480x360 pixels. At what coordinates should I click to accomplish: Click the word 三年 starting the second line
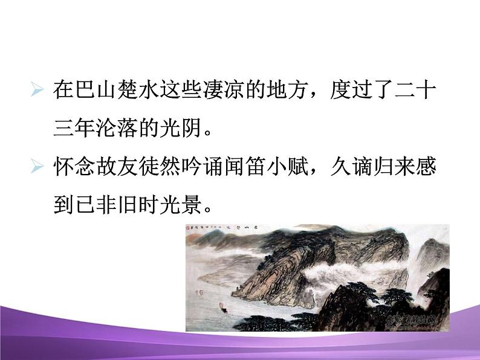[74, 129]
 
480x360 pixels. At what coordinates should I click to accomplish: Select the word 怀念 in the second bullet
[74, 167]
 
